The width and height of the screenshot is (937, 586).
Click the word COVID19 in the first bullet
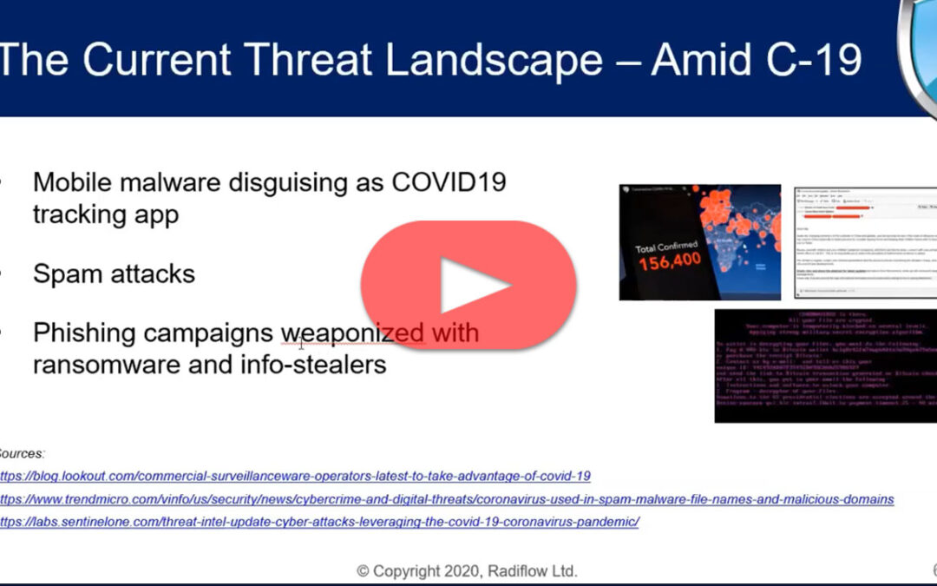point(449,183)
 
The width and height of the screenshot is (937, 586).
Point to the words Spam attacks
point(114,274)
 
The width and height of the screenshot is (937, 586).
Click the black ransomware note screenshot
point(824,365)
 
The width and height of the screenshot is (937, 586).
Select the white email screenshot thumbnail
point(866,243)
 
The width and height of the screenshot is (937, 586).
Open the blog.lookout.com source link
point(295,476)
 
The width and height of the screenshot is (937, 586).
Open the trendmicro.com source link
point(446,499)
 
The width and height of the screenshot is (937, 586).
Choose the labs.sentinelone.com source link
point(319,522)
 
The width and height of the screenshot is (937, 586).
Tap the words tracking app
point(106,214)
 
